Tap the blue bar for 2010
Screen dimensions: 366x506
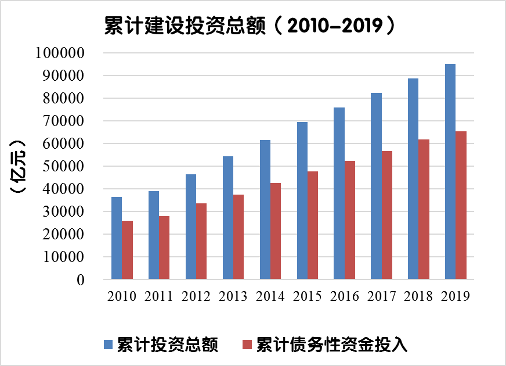click(117, 238)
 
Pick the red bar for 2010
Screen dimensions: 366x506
click(128, 250)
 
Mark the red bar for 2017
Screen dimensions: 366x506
click(387, 215)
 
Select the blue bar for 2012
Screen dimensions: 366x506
click(191, 227)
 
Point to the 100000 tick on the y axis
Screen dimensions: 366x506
click(60, 53)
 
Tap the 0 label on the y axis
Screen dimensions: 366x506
click(81, 280)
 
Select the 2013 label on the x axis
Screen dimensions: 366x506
click(233, 296)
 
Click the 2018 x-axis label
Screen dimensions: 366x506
click(418, 296)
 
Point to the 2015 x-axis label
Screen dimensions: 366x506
click(307, 296)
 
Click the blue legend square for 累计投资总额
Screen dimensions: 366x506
click(109, 345)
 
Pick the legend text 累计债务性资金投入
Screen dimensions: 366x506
click(332, 345)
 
